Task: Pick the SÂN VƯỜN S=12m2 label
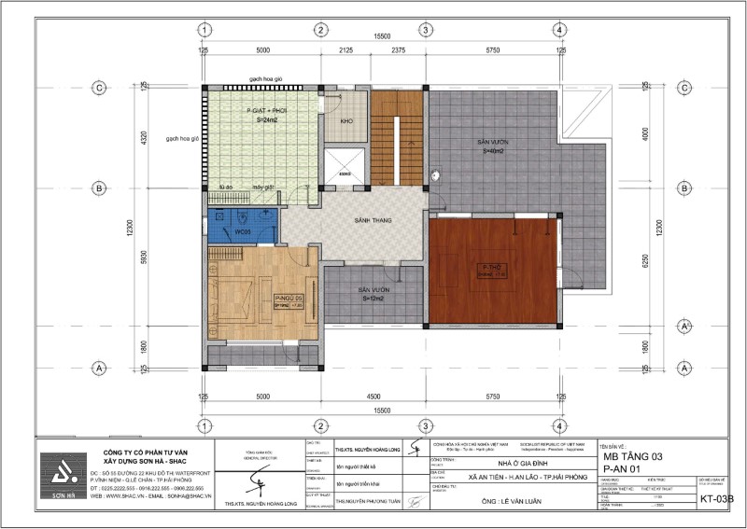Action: coord(373,295)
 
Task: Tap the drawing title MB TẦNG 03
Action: coord(632,456)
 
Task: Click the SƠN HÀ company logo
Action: coord(63,475)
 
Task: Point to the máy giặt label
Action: coord(262,188)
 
